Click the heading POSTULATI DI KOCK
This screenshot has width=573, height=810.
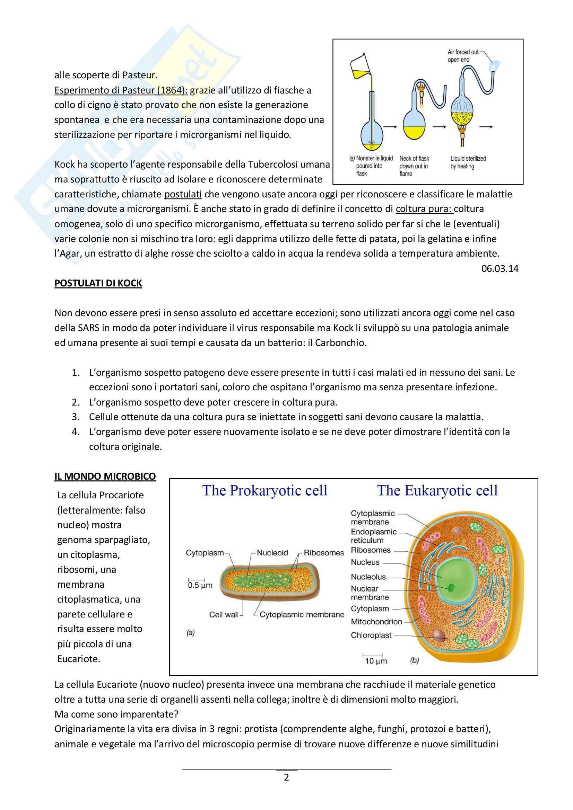coord(98,283)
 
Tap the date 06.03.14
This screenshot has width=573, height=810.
coord(500,268)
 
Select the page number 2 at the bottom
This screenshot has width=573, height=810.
coord(286,777)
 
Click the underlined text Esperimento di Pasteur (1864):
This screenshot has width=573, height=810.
coord(121,90)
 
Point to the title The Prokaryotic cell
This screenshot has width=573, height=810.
coord(265,491)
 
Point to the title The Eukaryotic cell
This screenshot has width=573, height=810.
coord(437,491)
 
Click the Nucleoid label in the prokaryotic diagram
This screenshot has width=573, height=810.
coord(272,553)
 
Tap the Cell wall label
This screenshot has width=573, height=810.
coord(224,615)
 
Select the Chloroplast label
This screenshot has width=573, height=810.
coord(371,635)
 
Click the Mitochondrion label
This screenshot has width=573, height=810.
coord(376,622)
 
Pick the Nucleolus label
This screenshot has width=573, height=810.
coord(368,577)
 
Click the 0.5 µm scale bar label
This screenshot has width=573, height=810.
coord(200,586)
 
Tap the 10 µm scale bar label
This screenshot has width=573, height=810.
coord(376,661)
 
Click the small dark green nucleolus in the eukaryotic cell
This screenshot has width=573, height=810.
coord(451,587)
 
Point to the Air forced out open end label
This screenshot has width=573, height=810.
coord(463,56)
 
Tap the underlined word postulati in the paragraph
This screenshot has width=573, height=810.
coord(183,194)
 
